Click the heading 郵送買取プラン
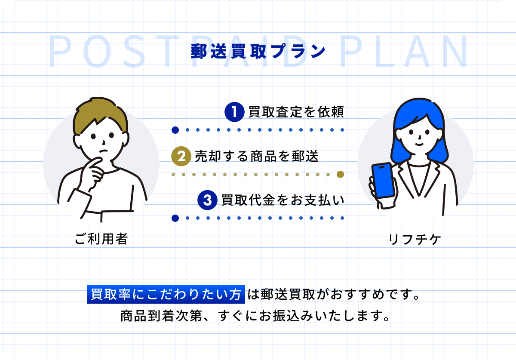coord(258,51)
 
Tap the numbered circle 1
coord(234,112)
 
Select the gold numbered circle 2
coord(181,156)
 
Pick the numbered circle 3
coord(207,200)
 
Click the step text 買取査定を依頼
coord(296,112)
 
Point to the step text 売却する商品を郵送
coord(257,156)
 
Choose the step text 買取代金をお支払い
coord(283,200)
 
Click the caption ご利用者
coord(101,239)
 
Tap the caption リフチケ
coord(415,239)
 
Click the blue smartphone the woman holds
coord(383,180)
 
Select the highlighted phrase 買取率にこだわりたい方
coord(166,294)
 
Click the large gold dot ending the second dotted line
coord(340,175)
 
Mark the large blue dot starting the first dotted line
coord(175,130)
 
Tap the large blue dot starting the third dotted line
coord(175,218)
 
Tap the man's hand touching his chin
coord(93,173)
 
